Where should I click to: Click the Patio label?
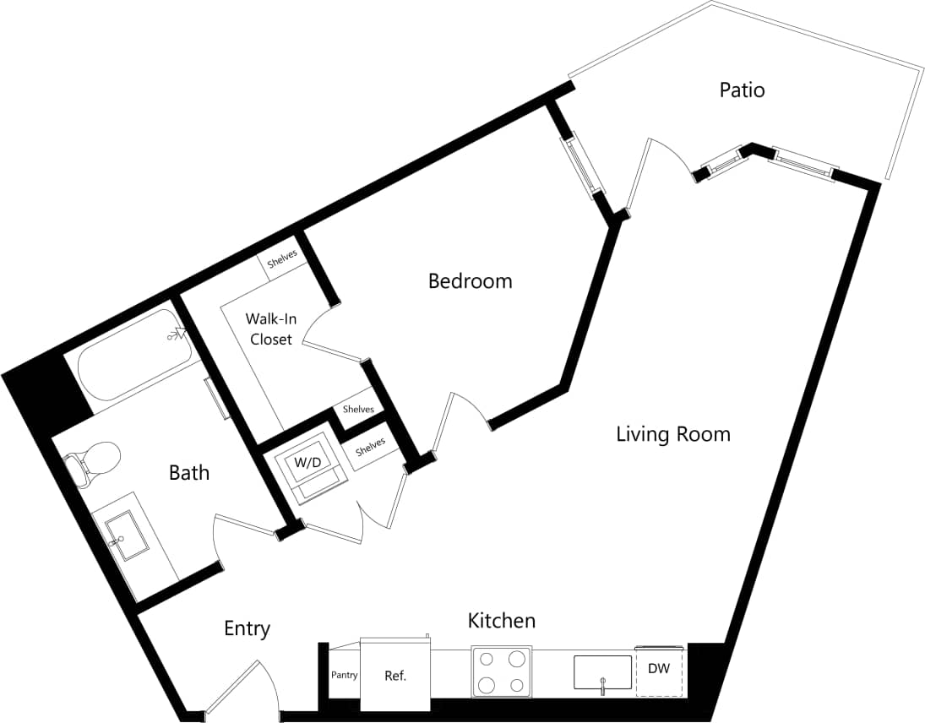[x=742, y=90]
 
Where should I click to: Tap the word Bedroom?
[x=470, y=280]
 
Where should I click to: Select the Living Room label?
[x=672, y=434]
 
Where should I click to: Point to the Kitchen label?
[x=502, y=621]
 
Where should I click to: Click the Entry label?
[x=247, y=628]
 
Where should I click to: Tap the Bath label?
[x=189, y=472]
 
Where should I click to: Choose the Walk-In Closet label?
[x=270, y=329]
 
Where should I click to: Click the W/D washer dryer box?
[x=307, y=463]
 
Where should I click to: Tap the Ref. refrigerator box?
[x=395, y=676]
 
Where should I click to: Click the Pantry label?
[x=345, y=676]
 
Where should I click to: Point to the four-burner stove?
[x=502, y=672]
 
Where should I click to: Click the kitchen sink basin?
[x=602, y=672]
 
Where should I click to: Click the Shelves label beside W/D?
[x=370, y=447]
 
